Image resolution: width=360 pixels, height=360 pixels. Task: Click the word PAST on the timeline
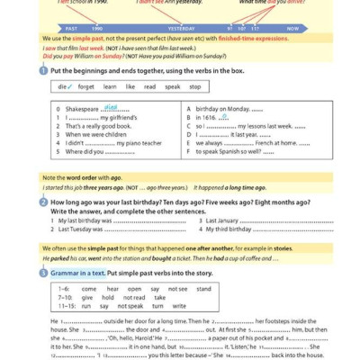(71, 29)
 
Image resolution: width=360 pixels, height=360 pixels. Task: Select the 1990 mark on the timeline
(96, 29)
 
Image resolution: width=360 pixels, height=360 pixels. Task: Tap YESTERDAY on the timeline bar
(181, 29)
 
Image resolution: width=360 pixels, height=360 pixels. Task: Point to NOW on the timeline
(292, 29)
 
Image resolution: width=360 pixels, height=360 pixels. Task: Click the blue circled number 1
(44, 70)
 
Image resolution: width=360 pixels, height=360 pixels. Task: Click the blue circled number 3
(44, 273)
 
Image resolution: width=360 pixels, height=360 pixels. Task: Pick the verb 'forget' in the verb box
(86, 87)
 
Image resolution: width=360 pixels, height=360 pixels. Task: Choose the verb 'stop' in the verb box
(194, 87)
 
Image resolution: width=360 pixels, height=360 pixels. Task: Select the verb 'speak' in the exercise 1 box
(171, 87)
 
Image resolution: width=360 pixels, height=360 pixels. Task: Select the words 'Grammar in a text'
(78, 273)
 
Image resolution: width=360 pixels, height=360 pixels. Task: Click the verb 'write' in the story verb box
(179, 306)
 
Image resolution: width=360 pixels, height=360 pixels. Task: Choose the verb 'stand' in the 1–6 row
(204, 289)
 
